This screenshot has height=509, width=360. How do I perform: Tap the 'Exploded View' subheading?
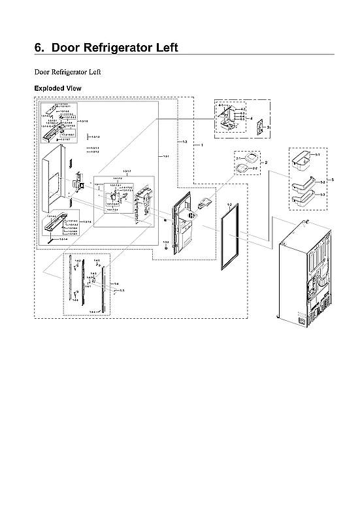(57, 88)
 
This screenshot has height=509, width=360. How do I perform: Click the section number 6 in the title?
(39, 48)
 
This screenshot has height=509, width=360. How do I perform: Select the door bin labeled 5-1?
(303, 158)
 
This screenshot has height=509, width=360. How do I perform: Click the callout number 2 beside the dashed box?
(265, 162)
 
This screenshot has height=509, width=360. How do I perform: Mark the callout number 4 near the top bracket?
(251, 118)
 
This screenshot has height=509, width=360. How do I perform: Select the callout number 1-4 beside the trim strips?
(116, 284)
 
